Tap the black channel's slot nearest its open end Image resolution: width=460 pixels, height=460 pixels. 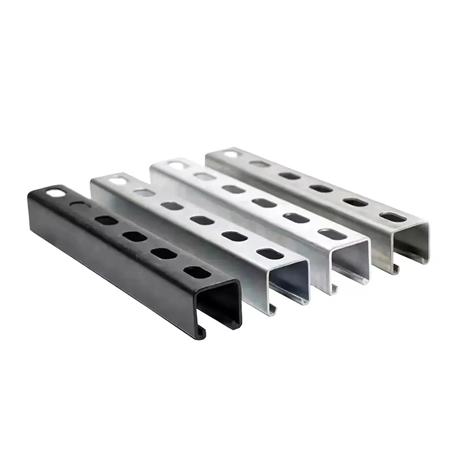(197, 272)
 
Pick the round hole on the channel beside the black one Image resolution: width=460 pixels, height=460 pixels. (118, 181)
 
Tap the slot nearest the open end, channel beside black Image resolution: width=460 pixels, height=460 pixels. (270, 253)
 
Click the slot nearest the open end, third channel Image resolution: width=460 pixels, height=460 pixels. (332, 233)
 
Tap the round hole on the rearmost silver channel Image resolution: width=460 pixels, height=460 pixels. (231, 154)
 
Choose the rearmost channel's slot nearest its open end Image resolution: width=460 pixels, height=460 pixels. (392, 217)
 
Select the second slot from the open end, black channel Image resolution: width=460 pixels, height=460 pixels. (164, 254)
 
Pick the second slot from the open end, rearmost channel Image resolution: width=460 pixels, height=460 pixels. (355, 202)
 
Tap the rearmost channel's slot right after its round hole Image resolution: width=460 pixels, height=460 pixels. (260, 164)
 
